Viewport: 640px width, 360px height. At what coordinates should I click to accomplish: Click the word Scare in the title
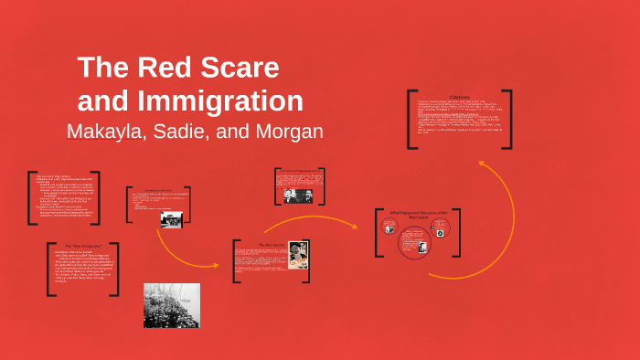pyautogui.click(x=241, y=68)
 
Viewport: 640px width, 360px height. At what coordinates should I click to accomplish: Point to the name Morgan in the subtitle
pyautogui.click(x=289, y=131)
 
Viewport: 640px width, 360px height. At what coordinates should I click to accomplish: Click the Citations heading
pyautogui.click(x=460, y=96)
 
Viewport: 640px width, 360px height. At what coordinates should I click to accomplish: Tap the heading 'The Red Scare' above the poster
pyautogui.click(x=272, y=245)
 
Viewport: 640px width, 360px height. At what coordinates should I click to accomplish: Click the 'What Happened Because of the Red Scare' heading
pyautogui.click(x=416, y=215)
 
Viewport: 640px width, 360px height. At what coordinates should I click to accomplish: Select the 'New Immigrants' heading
pyautogui.click(x=87, y=248)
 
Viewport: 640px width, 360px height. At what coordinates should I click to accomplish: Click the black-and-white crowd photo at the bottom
pyautogui.click(x=171, y=305)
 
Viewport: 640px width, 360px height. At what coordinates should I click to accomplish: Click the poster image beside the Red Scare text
pyautogui.click(x=298, y=254)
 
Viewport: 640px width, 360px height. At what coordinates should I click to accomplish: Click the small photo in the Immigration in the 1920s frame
pyautogui.click(x=171, y=218)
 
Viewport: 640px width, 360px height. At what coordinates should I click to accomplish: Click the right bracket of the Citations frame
pyautogui.click(x=508, y=118)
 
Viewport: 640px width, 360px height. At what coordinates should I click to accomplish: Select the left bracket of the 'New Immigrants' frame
pyautogui.click(x=48, y=269)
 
